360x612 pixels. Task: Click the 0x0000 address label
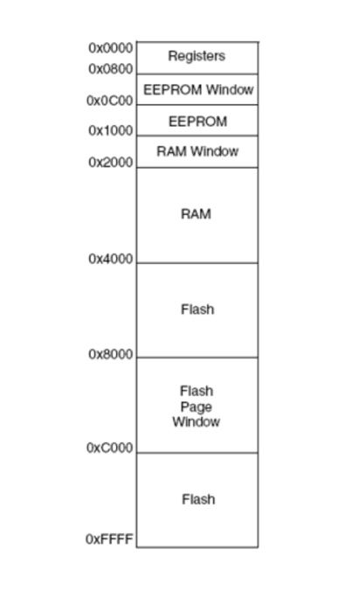pyautogui.click(x=111, y=48)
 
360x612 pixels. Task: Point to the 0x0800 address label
pyautogui.click(x=111, y=69)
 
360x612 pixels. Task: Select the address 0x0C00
pyautogui.click(x=110, y=101)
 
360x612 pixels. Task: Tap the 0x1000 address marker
pyautogui.click(x=111, y=131)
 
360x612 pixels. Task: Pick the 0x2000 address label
pyautogui.click(x=111, y=163)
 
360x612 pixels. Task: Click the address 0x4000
pyautogui.click(x=111, y=259)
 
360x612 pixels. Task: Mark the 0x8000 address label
pyautogui.click(x=111, y=354)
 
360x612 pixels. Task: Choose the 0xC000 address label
pyautogui.click(x=110, y=448)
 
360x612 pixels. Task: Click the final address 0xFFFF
pyautogui.click(x=109, y=539)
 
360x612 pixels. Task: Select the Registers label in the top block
pyautogui.click(x=197, y=56)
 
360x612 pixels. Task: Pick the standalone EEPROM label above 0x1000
pyautogui.click(x=197, y=122)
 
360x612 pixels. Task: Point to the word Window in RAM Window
pyautogui.click(x=213, y=151)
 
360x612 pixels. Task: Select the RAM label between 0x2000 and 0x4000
pyautogui.click(x=197, y=214)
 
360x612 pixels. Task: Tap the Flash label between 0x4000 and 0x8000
pyautogui.click(x=197, y=309)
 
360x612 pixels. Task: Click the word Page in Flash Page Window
pyautogui.click(x=197, y=407)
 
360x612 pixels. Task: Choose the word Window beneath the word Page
pyautogui.click(x=197, y=422)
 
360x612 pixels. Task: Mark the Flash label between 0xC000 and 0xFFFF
pyautogui.click(x=197, y=499)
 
